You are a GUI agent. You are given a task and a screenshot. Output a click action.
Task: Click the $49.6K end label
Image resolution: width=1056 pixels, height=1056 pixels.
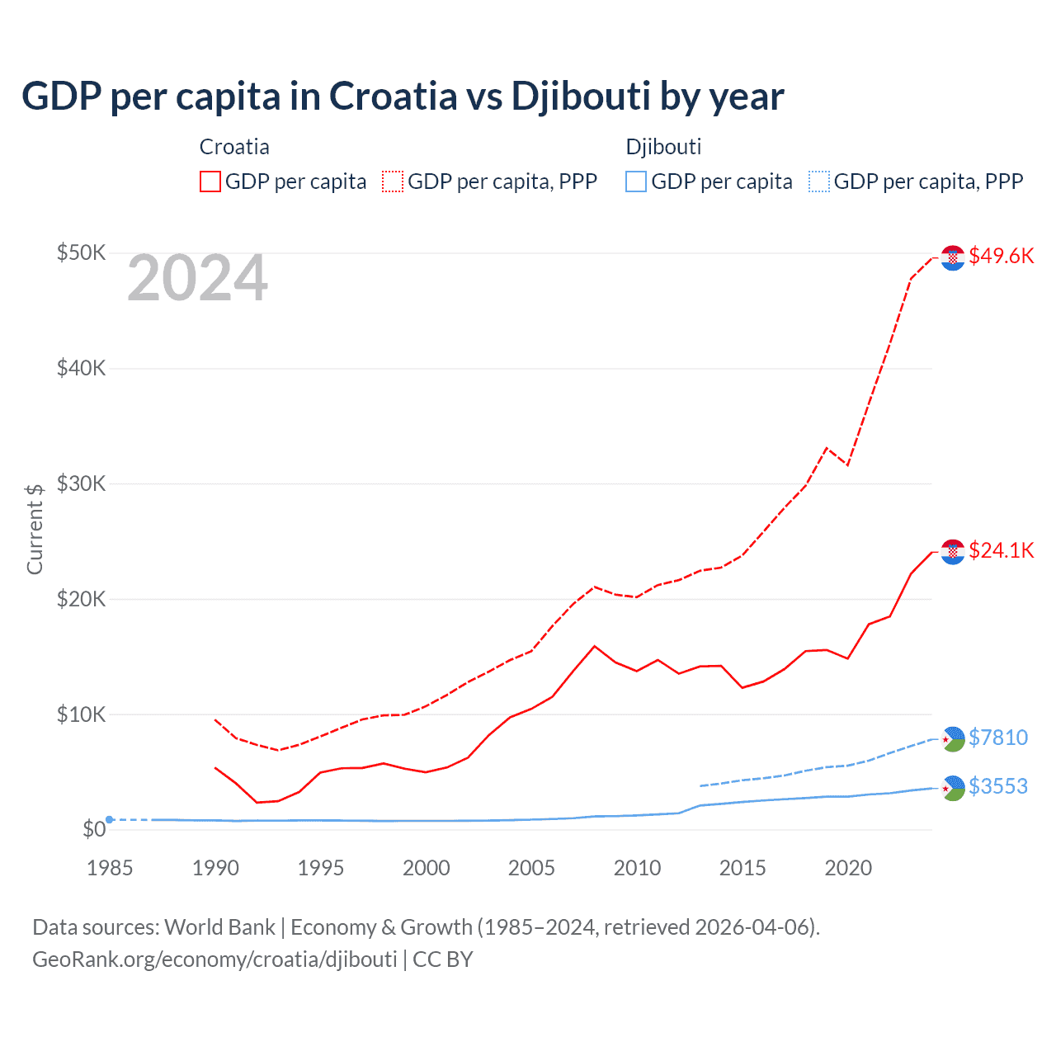(x=1001, y=256)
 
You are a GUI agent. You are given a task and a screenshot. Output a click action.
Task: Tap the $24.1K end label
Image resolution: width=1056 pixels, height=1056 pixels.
(x=1001, y=550)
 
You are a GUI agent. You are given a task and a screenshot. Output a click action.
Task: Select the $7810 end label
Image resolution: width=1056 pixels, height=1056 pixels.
(x=998, y=738)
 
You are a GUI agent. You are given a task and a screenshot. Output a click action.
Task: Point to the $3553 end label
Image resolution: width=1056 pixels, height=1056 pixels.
(x=998, y=786)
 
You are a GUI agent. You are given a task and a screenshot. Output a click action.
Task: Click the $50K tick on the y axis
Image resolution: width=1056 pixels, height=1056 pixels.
(x=81, y=252)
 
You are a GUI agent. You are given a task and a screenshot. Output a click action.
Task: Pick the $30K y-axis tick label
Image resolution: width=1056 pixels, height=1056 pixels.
(x=81, y=483)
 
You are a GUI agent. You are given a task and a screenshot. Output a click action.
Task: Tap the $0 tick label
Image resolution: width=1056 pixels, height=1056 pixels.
(x=93, y=829)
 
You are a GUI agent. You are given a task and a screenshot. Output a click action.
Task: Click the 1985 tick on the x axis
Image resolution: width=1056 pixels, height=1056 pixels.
(x=110, y=868)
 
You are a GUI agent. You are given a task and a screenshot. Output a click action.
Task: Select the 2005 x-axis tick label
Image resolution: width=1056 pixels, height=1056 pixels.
(x=531, y=868)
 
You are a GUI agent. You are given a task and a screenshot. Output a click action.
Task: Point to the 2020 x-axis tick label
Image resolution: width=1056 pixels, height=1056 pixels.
(x=848, y=868)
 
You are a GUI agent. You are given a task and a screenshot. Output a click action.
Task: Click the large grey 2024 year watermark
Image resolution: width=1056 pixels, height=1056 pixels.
(x=198, y=279)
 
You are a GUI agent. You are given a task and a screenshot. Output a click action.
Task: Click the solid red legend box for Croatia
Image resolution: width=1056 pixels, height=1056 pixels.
(x=210, y=181)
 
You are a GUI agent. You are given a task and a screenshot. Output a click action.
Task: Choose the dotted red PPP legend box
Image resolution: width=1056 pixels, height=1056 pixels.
(x=393, y=181)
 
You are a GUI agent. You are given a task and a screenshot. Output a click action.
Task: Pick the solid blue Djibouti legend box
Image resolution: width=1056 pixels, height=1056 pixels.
(x=636, y=181)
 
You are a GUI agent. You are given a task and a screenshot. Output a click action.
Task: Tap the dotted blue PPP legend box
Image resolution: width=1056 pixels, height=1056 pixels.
(x=819, y=181)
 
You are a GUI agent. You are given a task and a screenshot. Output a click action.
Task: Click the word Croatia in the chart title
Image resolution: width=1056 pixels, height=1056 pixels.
(x=393, y=97)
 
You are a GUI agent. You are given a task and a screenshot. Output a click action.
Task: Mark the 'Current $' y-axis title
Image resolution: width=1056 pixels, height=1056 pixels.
(x=35, y=529)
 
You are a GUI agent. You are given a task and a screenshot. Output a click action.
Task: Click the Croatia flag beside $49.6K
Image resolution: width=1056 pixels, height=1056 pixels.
(x=953, y=257)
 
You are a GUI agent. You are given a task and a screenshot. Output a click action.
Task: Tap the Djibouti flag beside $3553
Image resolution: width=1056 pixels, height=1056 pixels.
(x=953, y=788)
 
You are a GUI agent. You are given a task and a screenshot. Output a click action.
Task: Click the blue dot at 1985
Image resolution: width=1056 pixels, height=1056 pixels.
(x=110, y=819)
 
